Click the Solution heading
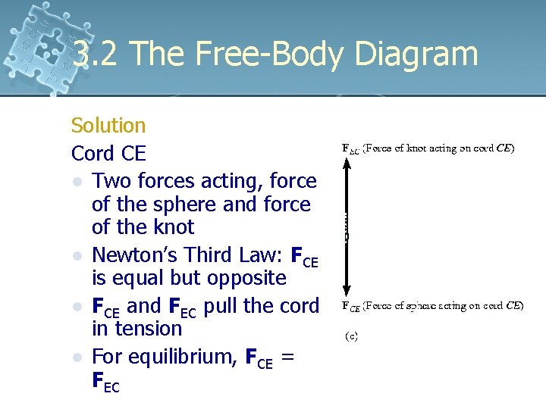point(108,126)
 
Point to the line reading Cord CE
point(108,154)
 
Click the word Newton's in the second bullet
point(133,255)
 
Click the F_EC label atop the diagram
point(350,149)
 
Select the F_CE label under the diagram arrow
point(350,307)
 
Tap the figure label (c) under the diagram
point(352,336)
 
